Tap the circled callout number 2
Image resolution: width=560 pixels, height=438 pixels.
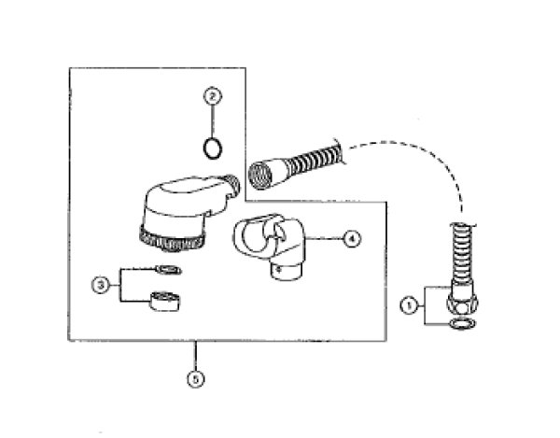213,96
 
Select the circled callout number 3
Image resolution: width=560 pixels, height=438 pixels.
101,285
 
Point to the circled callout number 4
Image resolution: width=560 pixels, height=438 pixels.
352,239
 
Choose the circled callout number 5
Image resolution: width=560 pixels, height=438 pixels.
196,378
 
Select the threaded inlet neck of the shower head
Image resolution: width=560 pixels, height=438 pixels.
231,184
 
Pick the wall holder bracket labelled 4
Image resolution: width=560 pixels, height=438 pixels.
271,247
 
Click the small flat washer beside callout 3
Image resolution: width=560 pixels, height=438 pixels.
168,270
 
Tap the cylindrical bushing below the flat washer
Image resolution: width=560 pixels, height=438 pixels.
164,301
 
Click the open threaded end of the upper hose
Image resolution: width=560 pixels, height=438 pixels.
260,176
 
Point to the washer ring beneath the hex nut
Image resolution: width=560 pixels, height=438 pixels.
463,324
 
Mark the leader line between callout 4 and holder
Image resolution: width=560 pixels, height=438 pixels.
324,239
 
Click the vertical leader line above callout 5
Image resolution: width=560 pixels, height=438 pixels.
195,356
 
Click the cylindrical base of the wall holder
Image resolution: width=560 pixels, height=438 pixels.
286,271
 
